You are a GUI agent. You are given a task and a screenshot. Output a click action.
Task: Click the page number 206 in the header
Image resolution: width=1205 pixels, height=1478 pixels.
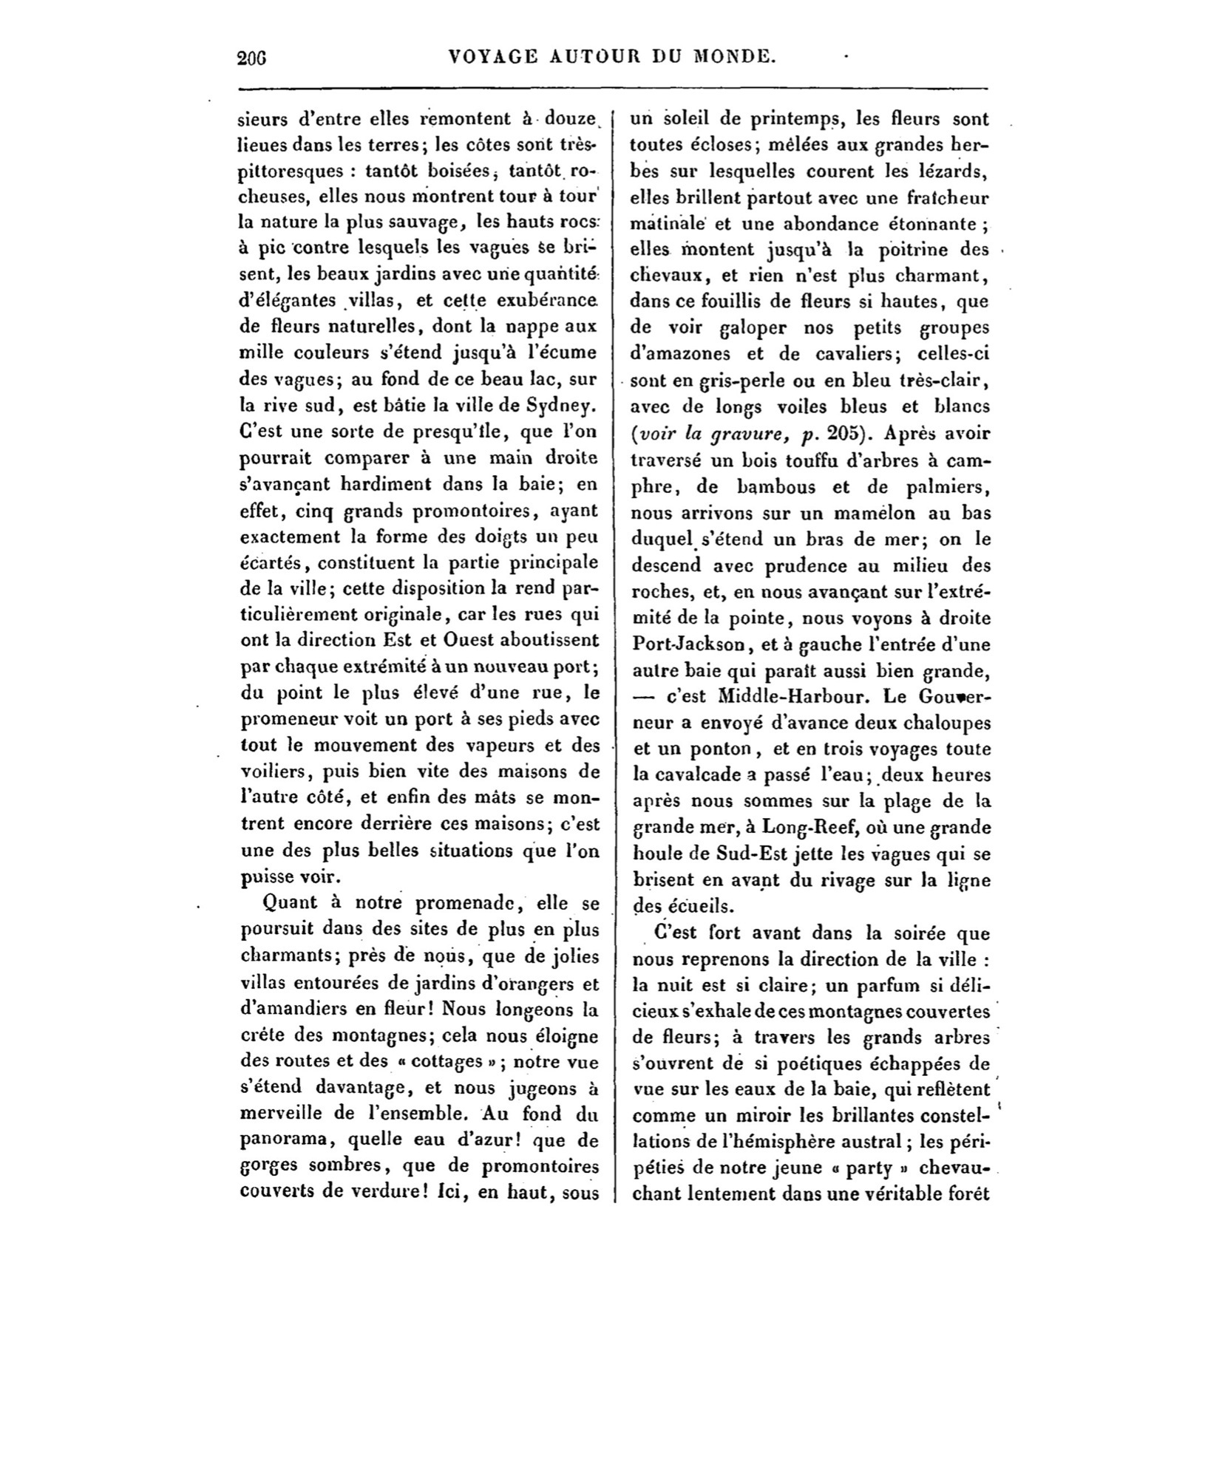(x=252, y=58)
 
